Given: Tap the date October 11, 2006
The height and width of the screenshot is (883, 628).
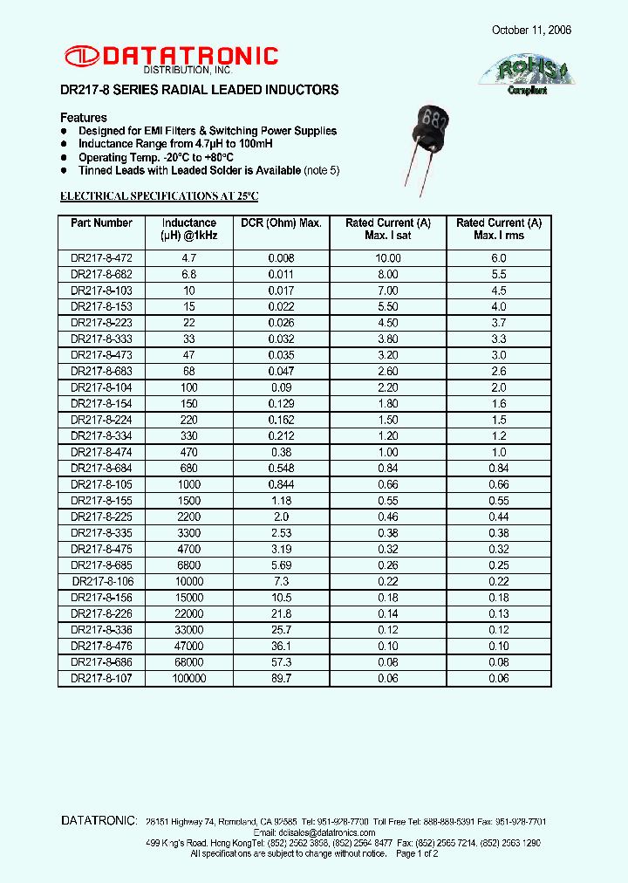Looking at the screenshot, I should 531,30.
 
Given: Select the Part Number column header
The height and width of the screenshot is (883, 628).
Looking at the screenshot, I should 101,223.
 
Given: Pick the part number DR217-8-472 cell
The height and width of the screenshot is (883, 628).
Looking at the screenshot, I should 101,259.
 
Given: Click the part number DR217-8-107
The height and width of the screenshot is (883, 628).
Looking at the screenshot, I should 101,678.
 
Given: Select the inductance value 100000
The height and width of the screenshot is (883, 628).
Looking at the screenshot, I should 188,678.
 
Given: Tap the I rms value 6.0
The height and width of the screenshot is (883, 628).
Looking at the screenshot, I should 498,259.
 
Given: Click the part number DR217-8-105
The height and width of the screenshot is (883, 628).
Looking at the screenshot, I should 101,484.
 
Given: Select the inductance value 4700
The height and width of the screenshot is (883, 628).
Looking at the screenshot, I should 188,549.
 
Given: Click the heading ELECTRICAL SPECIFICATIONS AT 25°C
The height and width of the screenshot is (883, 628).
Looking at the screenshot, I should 159,196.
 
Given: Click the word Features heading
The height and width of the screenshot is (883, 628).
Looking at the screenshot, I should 84,118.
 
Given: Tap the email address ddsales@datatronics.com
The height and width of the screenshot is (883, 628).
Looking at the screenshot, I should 314,832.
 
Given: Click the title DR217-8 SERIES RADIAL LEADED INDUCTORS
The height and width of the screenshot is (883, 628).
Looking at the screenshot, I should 199,90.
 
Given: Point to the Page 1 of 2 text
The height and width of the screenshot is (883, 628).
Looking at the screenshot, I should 417,853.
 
